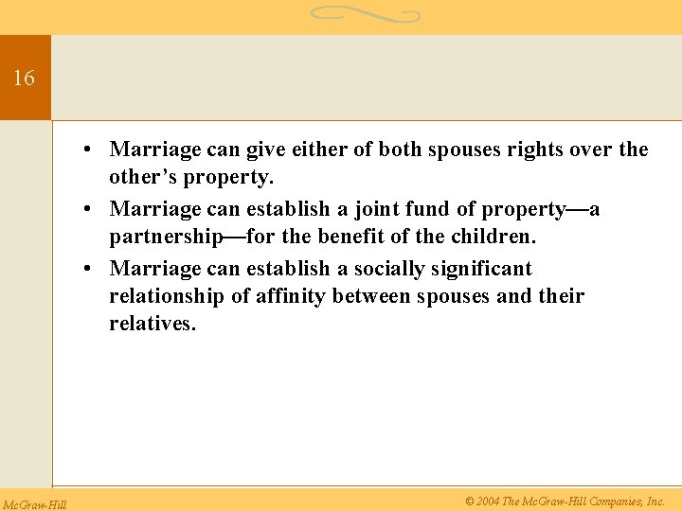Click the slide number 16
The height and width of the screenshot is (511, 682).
[x=24, y=79]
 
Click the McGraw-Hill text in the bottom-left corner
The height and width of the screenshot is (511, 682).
[x=34, y=503]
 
